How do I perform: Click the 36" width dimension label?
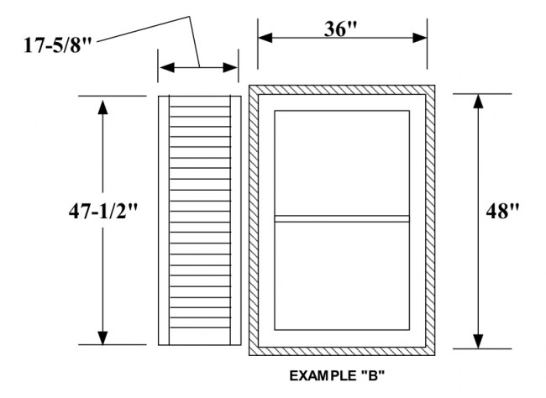(x=340, y=29)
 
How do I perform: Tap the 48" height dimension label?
(x=502, y=211)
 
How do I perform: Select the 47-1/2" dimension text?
(x=103, y=211)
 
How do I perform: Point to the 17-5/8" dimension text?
(x=57, y=45)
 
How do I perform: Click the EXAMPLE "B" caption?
(x=338, y=375)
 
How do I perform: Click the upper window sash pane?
(x=342, y=163)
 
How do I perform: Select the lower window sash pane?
(x=342, y=275)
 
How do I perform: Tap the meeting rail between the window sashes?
(x=342, y=218)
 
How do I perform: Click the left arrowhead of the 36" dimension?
(x=265, y=38)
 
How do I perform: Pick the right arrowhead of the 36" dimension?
(x=420, y=38)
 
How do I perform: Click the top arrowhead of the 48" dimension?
(x=479, y=101)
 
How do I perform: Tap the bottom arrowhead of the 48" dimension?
(x=479, y=341)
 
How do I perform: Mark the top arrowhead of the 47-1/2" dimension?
(x=102, y=107)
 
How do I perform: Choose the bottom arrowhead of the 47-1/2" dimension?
(x=102, y=338)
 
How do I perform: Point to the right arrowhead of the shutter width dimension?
(x=230, y=67)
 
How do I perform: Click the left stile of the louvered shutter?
(x=164, y=221)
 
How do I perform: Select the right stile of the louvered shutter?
(x=236, y=221)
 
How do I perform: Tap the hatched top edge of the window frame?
(x=342, y=90)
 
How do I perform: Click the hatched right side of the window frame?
(x=430, y=221)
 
